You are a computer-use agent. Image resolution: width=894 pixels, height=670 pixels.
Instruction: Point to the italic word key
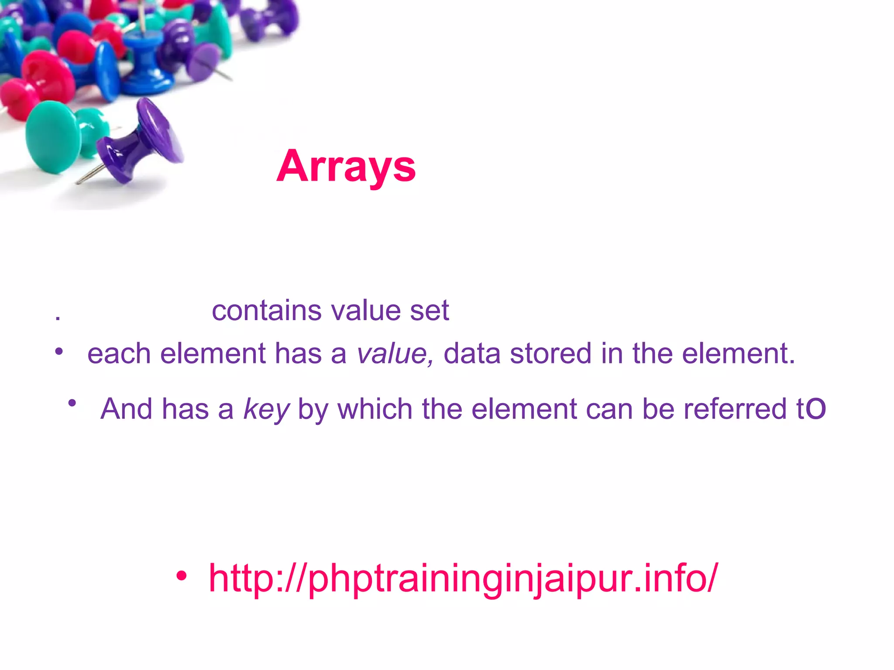pos(266,409)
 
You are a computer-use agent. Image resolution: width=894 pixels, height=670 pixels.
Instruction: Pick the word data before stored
pos(471,353)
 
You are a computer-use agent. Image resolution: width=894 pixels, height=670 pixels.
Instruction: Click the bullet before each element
pos(59,351)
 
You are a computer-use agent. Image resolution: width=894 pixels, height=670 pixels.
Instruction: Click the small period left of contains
pos(58,319)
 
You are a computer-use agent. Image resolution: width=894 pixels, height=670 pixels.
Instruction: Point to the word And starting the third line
pos(127,409)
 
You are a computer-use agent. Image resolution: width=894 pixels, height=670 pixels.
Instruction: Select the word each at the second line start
pos(119,353)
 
